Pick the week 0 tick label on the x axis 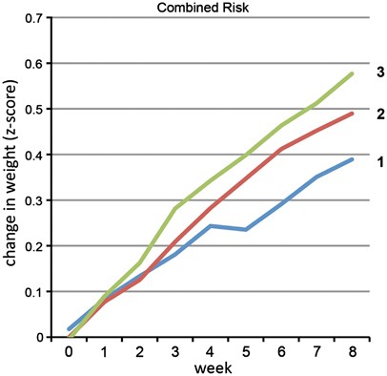point(68,351)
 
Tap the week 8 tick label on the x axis point(353,351)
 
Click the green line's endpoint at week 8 point(353,73)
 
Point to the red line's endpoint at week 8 point(353,114)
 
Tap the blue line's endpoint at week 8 point(353,159)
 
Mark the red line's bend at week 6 point(282,149)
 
